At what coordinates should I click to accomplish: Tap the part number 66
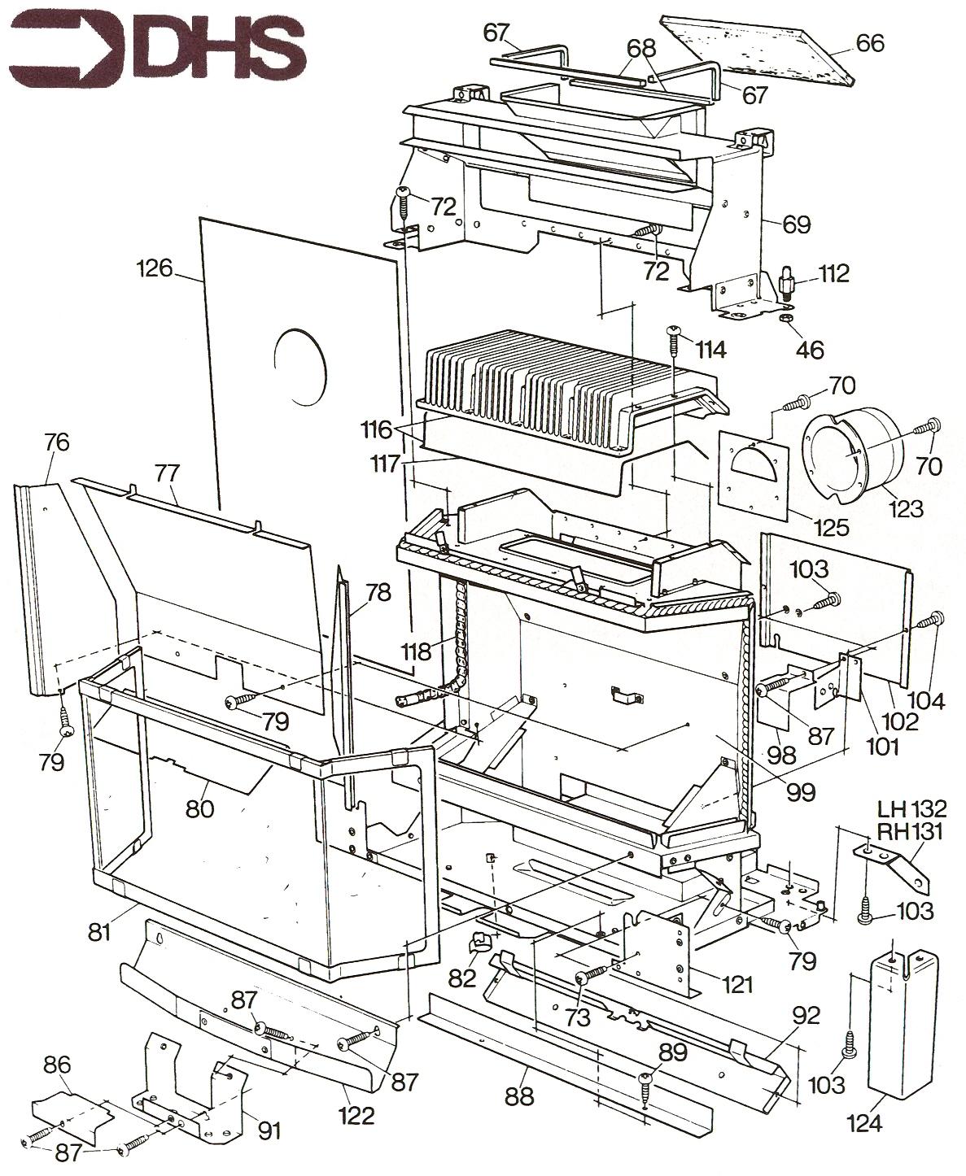pos(868,42)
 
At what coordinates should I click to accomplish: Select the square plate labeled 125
pos(754,475)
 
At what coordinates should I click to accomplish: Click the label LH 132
pos(911,809)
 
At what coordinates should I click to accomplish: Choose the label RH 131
pos(911,830)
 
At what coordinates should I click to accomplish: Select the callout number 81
pos(99,931)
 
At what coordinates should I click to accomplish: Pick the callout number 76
pos(57,442)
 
